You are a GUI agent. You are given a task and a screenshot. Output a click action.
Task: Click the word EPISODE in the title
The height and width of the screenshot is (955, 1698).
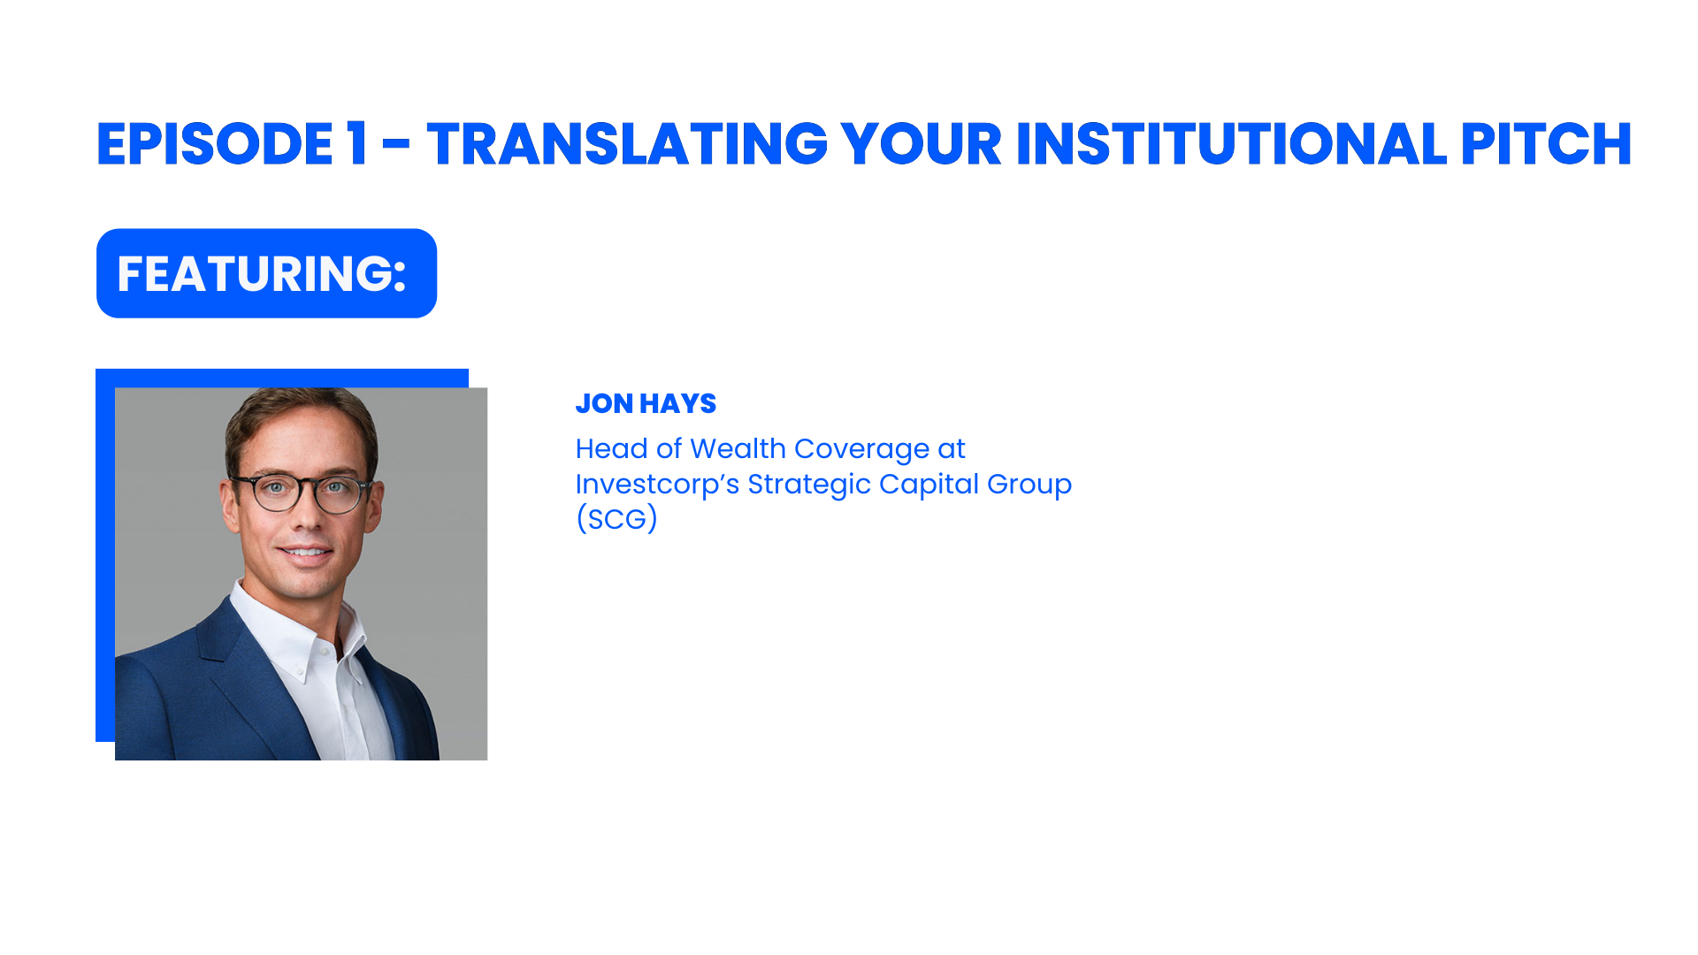click(214, 144)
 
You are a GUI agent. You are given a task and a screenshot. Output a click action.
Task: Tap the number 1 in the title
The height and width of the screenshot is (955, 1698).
click(356, 144)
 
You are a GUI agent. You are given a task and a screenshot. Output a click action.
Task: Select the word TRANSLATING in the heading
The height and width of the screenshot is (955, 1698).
click(626, 144)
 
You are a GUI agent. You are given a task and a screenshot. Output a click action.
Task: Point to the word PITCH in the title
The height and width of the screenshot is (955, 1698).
click(1545, 144)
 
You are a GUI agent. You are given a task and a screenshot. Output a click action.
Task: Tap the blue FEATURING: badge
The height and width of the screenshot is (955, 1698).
click(266, 273)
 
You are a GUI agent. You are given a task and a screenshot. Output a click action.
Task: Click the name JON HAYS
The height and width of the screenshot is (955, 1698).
click(646, 403)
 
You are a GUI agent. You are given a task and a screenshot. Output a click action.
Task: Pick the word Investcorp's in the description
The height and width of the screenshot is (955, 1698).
click(657, 485)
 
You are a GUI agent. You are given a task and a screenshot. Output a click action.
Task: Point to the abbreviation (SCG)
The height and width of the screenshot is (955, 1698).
click(616, 519)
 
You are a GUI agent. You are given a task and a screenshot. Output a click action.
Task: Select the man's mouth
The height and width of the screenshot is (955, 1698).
click(305, 554)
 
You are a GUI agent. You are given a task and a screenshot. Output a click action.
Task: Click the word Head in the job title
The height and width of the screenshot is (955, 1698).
click(611, 449)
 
